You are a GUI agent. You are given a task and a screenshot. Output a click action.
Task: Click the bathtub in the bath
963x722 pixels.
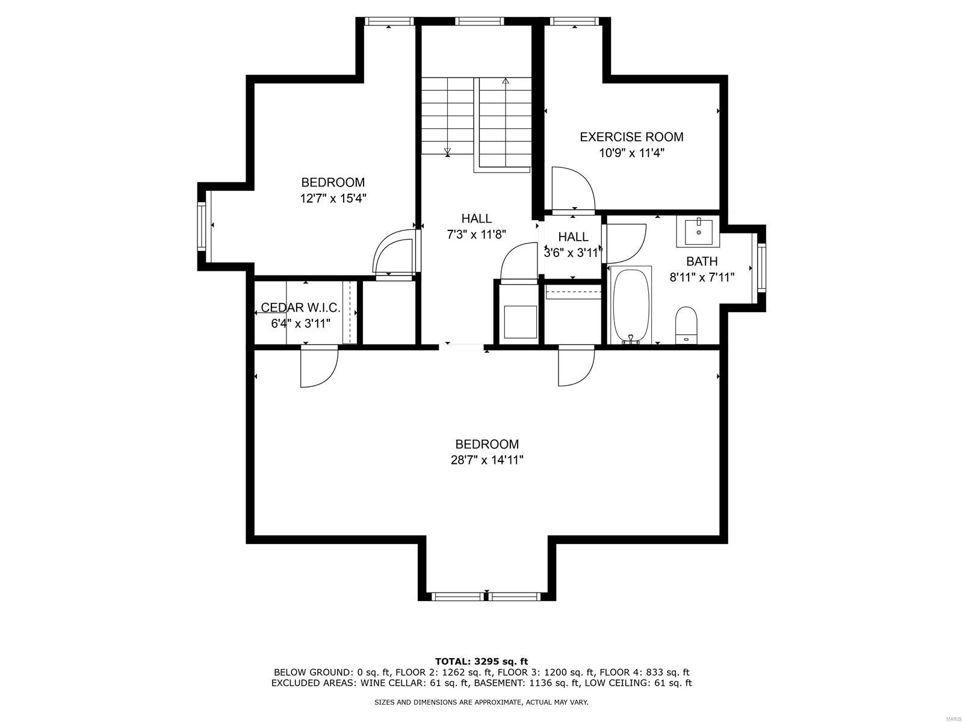pos(631,306)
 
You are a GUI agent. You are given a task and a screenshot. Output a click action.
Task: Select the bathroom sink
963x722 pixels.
pos(698,232)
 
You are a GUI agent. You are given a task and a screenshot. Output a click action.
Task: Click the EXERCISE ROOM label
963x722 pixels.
pos(631,137)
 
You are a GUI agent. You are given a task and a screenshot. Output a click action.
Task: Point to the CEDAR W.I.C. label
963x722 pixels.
pos(300,308)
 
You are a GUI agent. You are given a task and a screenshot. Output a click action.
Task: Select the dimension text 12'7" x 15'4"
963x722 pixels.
pos(333,198)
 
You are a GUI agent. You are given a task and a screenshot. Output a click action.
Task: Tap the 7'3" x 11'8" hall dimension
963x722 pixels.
pos(476,235)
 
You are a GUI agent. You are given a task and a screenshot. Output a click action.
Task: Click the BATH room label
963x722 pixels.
pos(702,262)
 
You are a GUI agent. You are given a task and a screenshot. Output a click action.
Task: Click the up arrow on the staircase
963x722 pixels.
pos(506,80)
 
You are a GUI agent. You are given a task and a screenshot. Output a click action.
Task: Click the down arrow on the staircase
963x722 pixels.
pos(447,151)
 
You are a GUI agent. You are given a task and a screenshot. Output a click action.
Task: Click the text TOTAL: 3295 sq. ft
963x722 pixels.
pos(482,661)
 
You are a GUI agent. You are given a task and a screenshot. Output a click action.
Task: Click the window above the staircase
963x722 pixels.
pos(479,22)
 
